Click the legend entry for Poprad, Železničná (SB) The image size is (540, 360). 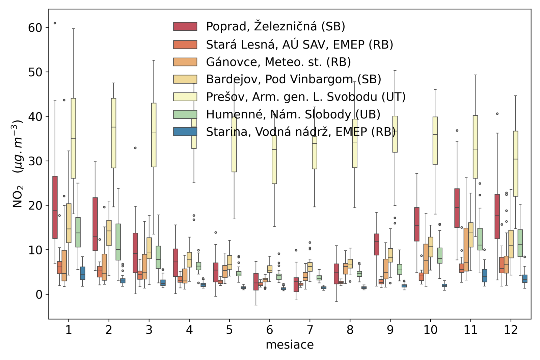(x=275, y=27)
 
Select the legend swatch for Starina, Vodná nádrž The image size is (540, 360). (x=185, y=132)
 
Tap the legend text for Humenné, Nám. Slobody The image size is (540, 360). (x=293, y=114)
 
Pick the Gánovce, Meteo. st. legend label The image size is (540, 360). (x=278, y=62)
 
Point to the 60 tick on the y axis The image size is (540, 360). (x=35, y=28)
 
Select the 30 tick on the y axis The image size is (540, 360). (x=35, y=161)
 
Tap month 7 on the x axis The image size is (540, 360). (x=310, y=330)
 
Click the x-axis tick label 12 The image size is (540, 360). (x=511, y=330)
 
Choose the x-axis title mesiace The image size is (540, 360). (x=290, y=345)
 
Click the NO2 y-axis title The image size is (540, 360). (x=18, y=164)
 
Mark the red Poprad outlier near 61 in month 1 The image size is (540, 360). (x=55, y=23)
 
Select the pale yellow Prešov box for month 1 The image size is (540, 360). (x=73, y=138)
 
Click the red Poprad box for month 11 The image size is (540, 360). (x=457, y=208)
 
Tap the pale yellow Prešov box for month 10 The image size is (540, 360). (x=435, y=141)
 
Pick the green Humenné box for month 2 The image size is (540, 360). (x=118, y=242)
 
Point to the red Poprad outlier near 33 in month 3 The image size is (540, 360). (x=135, y=148)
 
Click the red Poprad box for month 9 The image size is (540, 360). (x=377, y=244)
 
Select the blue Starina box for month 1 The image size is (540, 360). (x=82, y=273)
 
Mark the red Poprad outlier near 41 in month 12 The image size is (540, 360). (x=497, y=114)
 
